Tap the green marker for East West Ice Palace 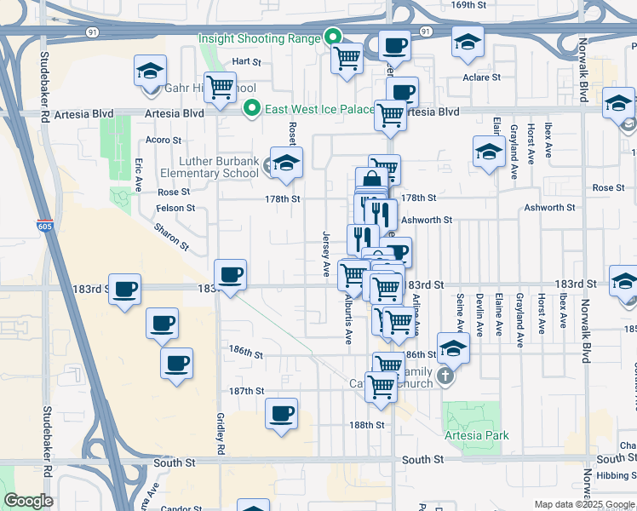point(251,108)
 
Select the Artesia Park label point(477,435)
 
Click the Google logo point(28,501)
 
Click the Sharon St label point(171,236)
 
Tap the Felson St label point(176,208)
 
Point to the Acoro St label point(164,140)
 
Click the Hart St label point(245,62)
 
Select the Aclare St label point(482,78)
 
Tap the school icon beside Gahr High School point(150,72)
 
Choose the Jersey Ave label point(326,253)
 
